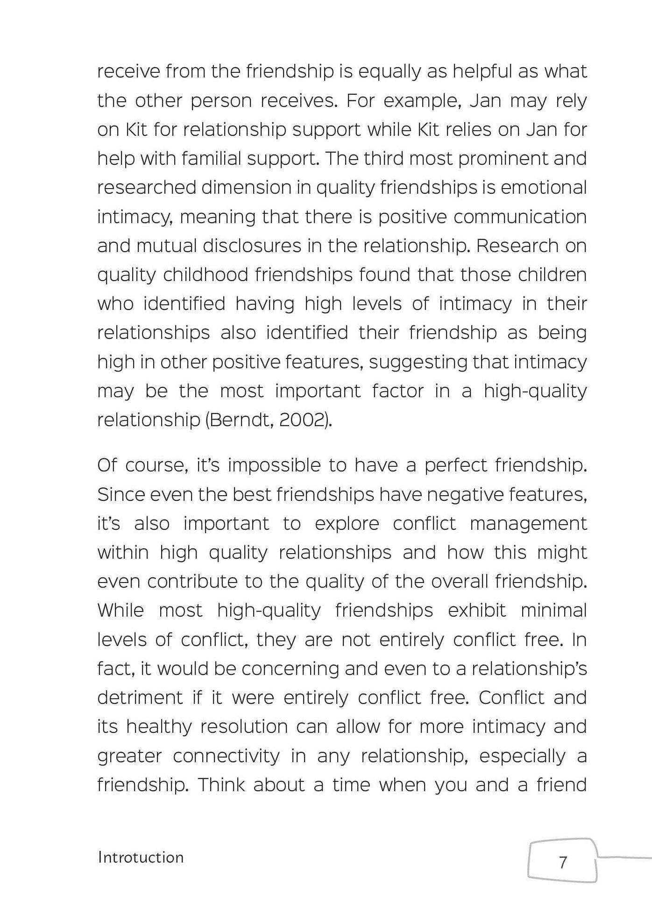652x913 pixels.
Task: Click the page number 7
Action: pos(563,862)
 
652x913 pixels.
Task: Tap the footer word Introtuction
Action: pos(141,857)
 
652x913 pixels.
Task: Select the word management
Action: pos(528,524)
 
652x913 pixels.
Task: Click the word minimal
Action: pos(553,611)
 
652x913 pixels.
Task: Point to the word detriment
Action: pos(140,698)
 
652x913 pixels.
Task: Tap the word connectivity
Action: pos(226,756)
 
